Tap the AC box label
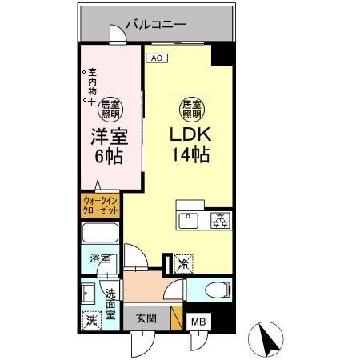(156, 58)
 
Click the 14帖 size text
(190, 154)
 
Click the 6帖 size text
(109, 156)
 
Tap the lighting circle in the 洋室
(110, 106)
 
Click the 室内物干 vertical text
(92, 88)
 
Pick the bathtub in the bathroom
(100, 236)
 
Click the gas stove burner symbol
(218, 218)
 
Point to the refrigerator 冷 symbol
(183, 262)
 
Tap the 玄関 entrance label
(146, 318)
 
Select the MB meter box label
(197, 324)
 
